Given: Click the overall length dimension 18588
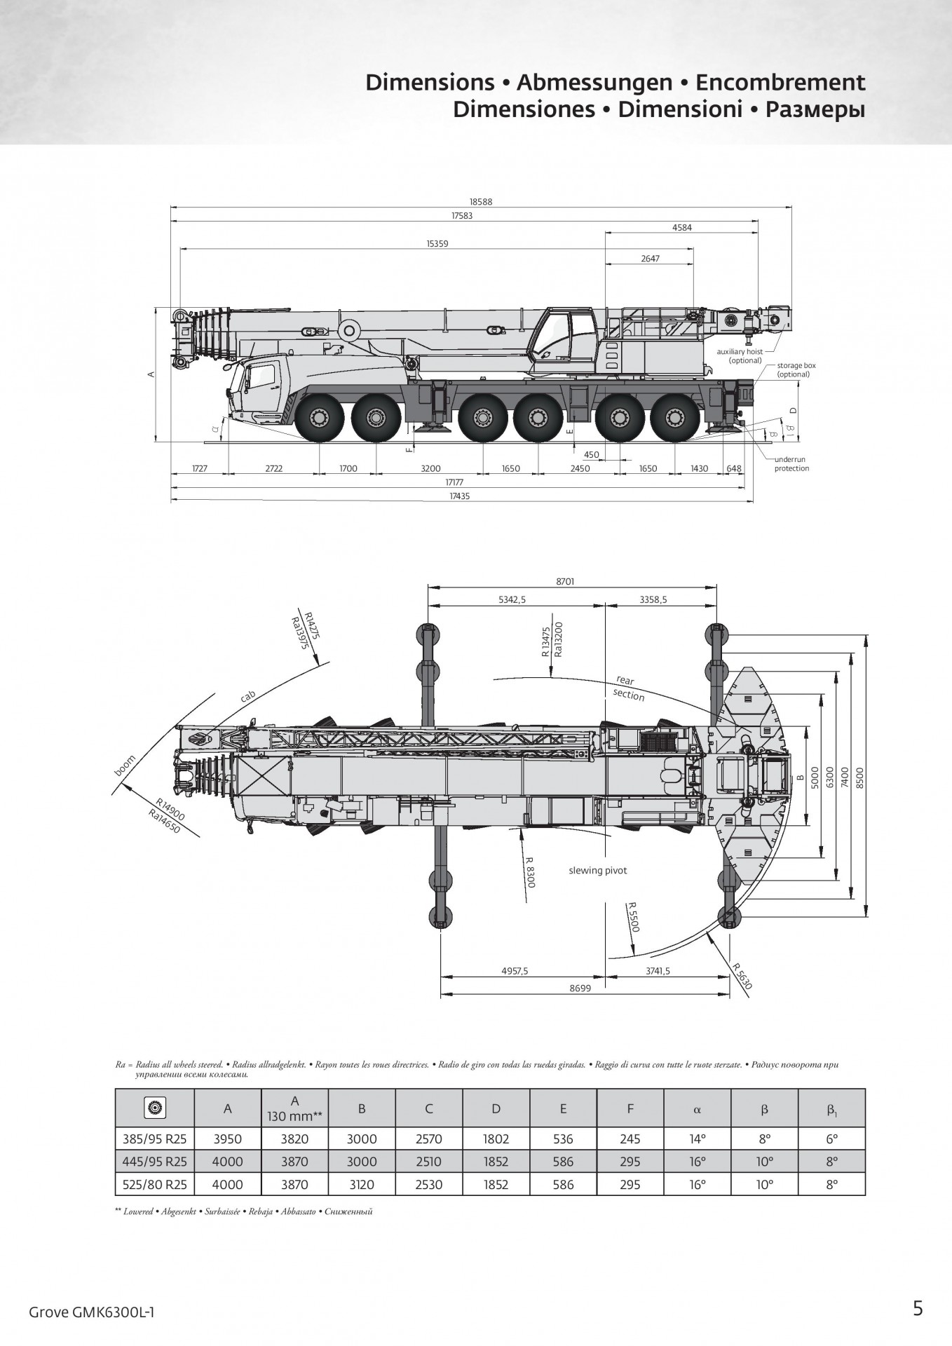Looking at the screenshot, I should pyautogui.click(x=481, y=202).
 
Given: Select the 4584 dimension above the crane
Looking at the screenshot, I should pyautogui.click(x=681, y=228).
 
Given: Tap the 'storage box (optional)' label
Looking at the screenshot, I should pyautogui.click(x=796, y=370).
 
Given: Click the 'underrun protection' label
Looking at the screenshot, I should pyautogui.click(x=791, y=464).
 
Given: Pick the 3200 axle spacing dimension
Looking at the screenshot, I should pyautogui.click(x=430, y=469).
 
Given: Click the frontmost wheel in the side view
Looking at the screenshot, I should pyautogui.click(x=320, y=419).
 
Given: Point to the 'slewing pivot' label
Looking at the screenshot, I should pyautogui.click(x=597, y=871).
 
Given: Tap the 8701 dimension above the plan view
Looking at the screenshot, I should pyautogui.click(x=565, y=582).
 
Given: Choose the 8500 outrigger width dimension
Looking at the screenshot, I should pyautogui.click(x=860, y=776).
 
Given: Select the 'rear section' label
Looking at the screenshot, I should pyautogui.click(x=627, y=688).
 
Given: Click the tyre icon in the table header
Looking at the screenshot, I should pyautogui.click(x=154, y=1108).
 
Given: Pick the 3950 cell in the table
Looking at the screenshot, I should pyautogui.click(x=227, y=1139).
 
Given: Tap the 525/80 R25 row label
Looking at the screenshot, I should pyautogui.click(x=154, y=1185).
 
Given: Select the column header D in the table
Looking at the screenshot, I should pyautogui.click(x=496, y=1108).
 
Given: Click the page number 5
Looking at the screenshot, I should pyautogui.click(x=918, y=1308).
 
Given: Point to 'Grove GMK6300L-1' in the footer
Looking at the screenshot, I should pyautogui.click(x=91, y=1312).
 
